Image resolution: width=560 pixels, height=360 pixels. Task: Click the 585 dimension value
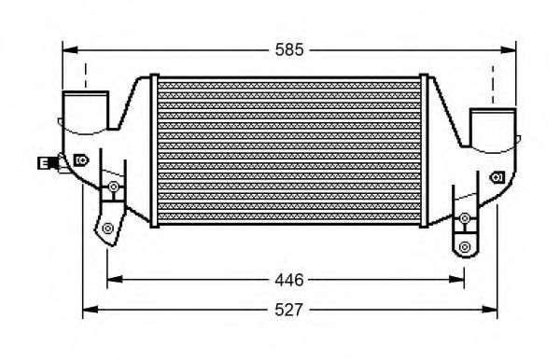pyautogui.click(x=289, y=50)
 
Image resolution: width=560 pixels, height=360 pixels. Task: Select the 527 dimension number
pyautogui.click(x=290, y=309)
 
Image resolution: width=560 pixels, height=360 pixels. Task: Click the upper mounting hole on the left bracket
pyautogui.click(x=113, y=188)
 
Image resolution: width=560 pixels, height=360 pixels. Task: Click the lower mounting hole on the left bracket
pyautogui.click(x=108, y=228)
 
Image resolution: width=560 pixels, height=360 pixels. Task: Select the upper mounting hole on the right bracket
pyautogui.click(x=465, y=218)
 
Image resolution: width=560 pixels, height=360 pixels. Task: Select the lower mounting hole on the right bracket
pyautogui.click(x=465, y=246)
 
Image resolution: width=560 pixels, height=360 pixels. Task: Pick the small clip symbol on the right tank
pyautogui.click(x=498, y=175)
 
